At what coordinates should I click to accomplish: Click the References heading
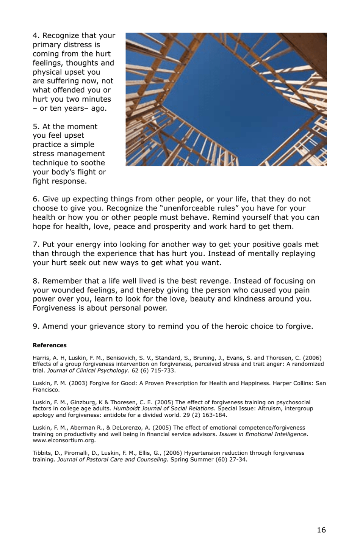[50, 345]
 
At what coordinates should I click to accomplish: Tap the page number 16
[321, 530]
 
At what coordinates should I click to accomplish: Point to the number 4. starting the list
[36, 36]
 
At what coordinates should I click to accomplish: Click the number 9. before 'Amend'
[36, 327]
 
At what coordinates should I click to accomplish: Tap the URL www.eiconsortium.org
[64, 440]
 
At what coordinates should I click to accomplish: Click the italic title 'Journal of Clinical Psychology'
[87, 370]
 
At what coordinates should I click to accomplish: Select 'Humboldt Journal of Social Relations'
[163, 408]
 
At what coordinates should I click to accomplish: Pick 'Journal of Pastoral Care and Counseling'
[112, 459]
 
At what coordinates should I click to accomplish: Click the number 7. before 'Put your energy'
[36, 245]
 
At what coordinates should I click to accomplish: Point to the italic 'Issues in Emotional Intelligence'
[263, 434]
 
